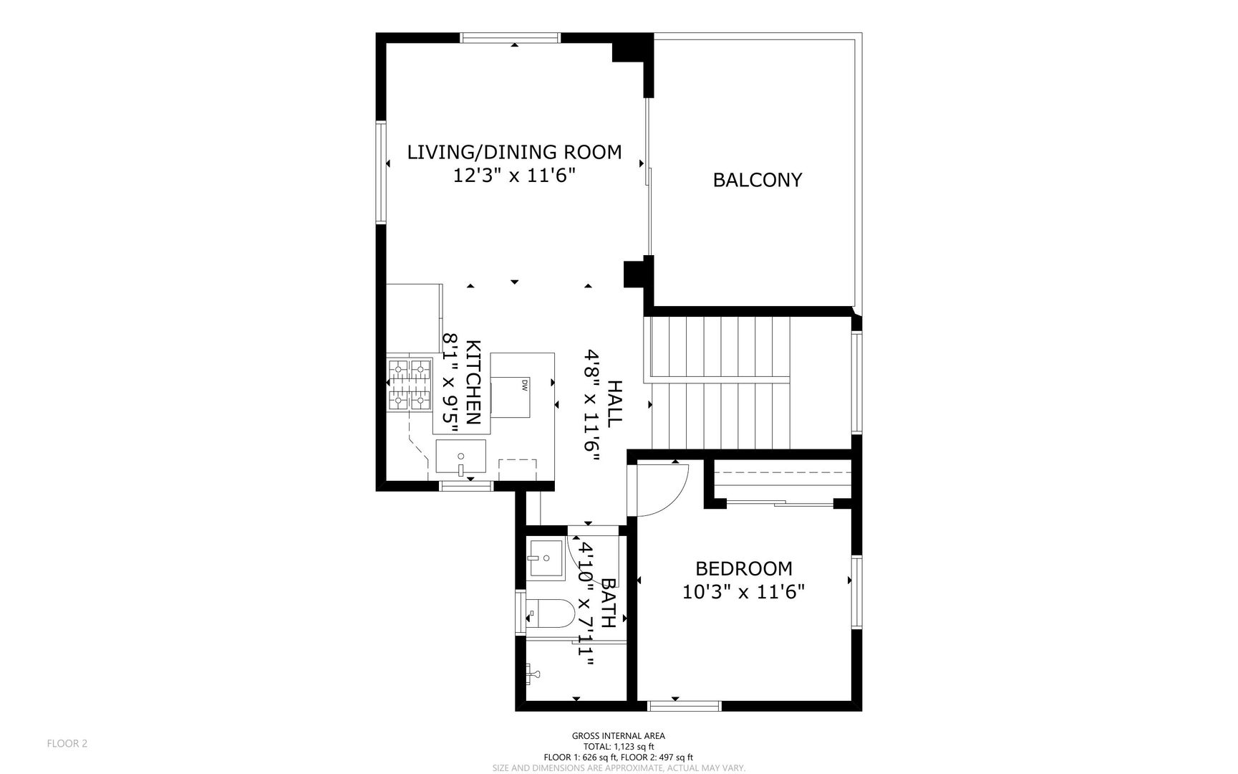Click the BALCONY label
pos(757,180)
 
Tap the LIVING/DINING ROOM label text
pos(514,152)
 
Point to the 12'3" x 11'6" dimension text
pos(514,176)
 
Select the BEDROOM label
pos(744,568)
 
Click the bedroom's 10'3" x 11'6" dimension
pos(744,592)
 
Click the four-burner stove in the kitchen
pos(410,385)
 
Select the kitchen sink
pos(461,459)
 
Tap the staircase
pos(719,384)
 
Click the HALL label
pos(614,404)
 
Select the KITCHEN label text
pos(473,383)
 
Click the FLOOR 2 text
pos(67,744)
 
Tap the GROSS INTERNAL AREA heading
pos(618,736)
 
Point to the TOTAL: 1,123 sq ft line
pos(618,747)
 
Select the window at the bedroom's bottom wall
pos(684,706)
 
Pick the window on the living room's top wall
pos(509,38)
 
